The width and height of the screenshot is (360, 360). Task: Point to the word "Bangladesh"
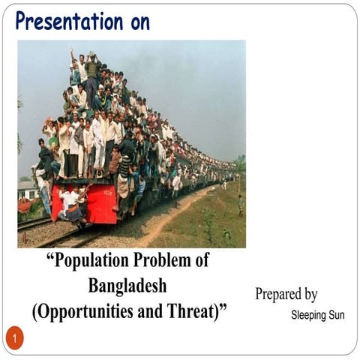click(x=127, y=286)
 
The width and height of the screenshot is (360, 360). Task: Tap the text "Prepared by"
click(x=286, y=294)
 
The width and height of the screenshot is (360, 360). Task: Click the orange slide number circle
click(x=14, y=338)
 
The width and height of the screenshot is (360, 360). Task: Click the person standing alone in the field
click(x=240, y=204)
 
